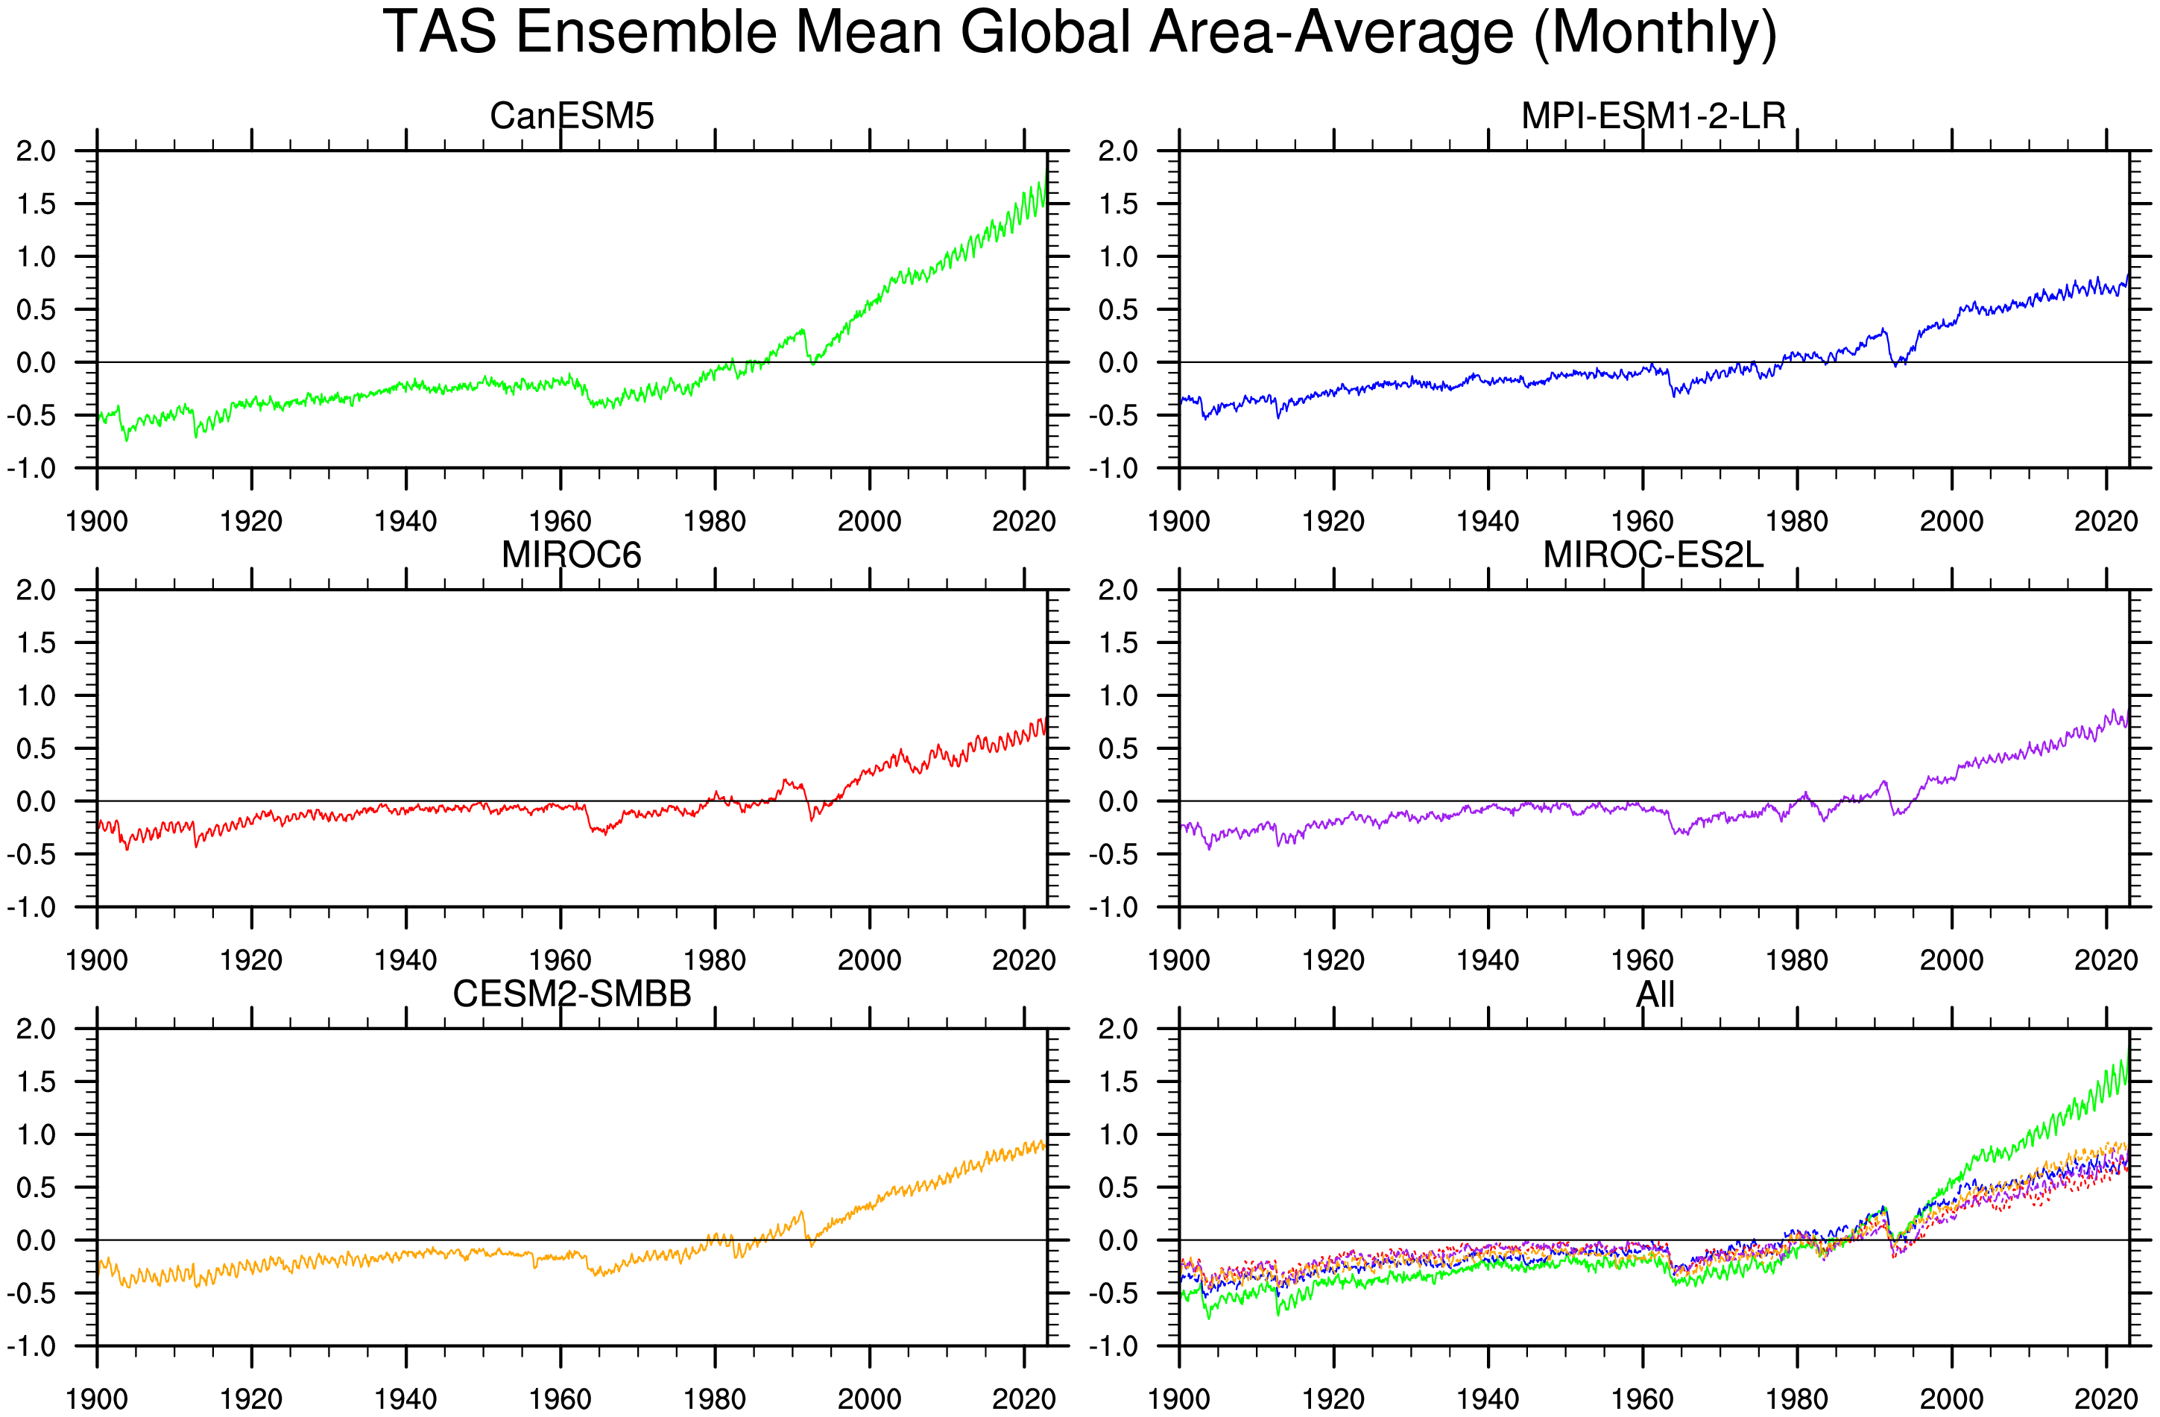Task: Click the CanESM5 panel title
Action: point(572,116)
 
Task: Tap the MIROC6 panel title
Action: point(572,555)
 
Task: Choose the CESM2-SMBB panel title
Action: point(572,994)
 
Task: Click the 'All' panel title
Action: point(1655,994)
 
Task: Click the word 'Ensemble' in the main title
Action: point(646,33)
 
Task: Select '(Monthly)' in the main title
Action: point(1655,33)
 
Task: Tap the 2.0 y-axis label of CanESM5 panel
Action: point(37,151)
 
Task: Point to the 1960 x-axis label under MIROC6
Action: point(560,959)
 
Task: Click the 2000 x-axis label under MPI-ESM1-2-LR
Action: point(1951,521)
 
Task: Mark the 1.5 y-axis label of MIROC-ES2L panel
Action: point(1118,643)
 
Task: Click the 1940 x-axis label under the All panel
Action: point(1488,1399)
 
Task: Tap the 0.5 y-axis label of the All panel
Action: point(1118,1188)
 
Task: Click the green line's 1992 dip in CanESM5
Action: point(813,362)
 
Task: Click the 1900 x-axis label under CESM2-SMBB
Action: point(96,1399)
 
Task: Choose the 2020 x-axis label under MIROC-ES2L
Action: point(2106,959)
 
